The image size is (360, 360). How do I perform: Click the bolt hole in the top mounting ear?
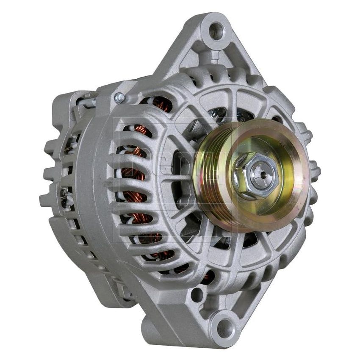coord(216,30)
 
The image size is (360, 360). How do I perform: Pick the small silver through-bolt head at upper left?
coord(119,98)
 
